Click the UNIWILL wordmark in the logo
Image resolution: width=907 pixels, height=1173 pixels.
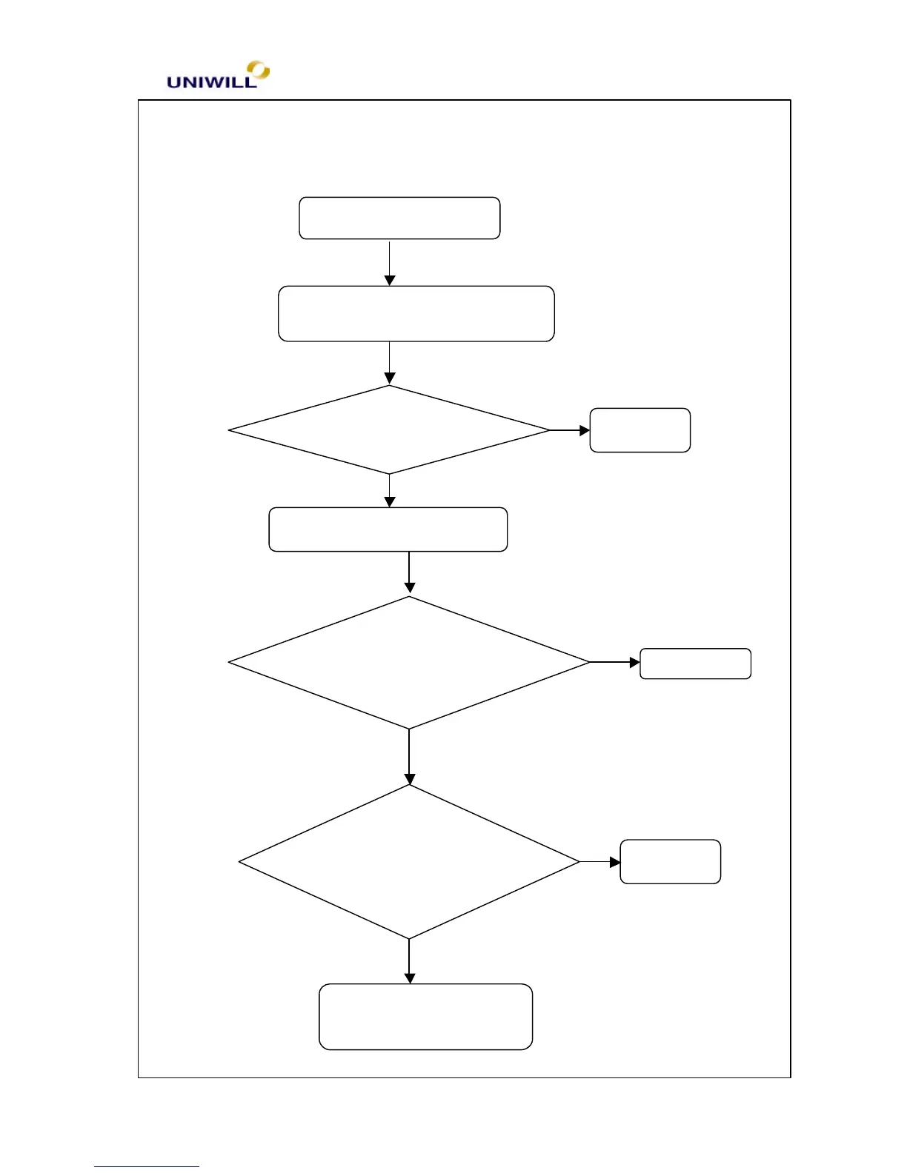(x=211, y=82)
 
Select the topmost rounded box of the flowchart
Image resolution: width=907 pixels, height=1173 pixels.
(x=399, y=218)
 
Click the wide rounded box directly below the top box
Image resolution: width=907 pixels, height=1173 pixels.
(x=416, y=313)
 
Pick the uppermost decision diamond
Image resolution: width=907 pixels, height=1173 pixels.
(x=389, y=430)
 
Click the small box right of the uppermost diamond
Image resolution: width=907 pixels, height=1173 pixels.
(x=639, y=430)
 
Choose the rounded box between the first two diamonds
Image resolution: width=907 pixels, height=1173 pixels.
(x=388, y=529)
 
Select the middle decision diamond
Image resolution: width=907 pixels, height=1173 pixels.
(x=408, y=663)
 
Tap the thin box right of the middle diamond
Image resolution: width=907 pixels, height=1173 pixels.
(x=695, y=664)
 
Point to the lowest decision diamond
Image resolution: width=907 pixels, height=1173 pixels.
(x=408, y=862)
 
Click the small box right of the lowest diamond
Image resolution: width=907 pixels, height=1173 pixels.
(x=670, y=861)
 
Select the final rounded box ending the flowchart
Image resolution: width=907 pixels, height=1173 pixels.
(x=425, y=1017)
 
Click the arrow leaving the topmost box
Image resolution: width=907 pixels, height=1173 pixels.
(x=389, y=262)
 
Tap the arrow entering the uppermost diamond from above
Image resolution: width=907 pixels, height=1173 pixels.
(x=389, y=363)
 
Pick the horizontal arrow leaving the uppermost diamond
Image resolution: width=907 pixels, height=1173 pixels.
(x=569, y=430)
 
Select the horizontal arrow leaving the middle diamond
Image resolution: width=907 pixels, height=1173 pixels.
(x=614, y=663)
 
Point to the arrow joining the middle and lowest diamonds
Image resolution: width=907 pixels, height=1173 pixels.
(x=408, y=757)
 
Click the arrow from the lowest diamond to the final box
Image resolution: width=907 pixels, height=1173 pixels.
(x=408, y=961)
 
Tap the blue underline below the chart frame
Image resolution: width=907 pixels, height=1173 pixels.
(x=146, y=1166)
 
